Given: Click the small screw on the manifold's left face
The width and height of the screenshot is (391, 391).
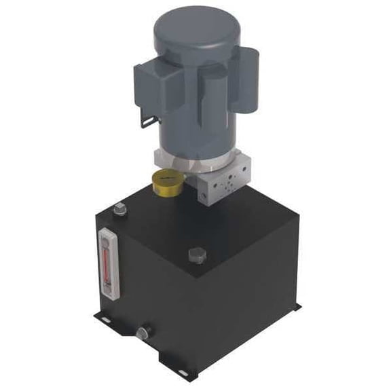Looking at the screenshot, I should point(204,194).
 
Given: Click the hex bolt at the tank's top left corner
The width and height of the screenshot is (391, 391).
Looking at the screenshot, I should point(121,210).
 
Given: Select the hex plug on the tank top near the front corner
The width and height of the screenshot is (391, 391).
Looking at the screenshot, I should point(196,257).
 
